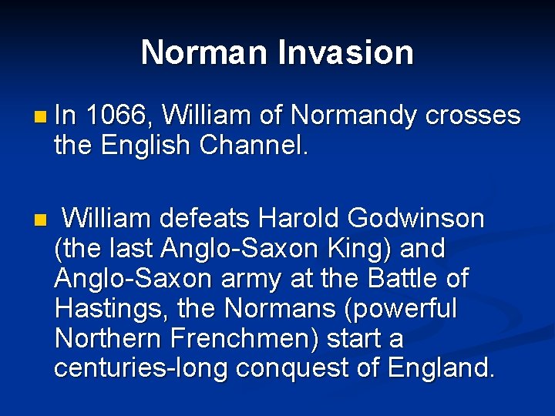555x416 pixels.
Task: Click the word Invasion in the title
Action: coord(345,52)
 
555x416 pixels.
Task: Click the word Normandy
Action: coord(355,116)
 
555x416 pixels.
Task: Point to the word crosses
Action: coord(473,116)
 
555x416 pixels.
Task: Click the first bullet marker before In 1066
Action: coord(40,117)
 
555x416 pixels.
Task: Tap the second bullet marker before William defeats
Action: coord(40,220)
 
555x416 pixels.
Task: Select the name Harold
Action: coord(299,219)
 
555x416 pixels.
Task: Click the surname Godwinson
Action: coord(416,219)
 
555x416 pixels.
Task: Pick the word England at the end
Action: coord(440,368)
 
